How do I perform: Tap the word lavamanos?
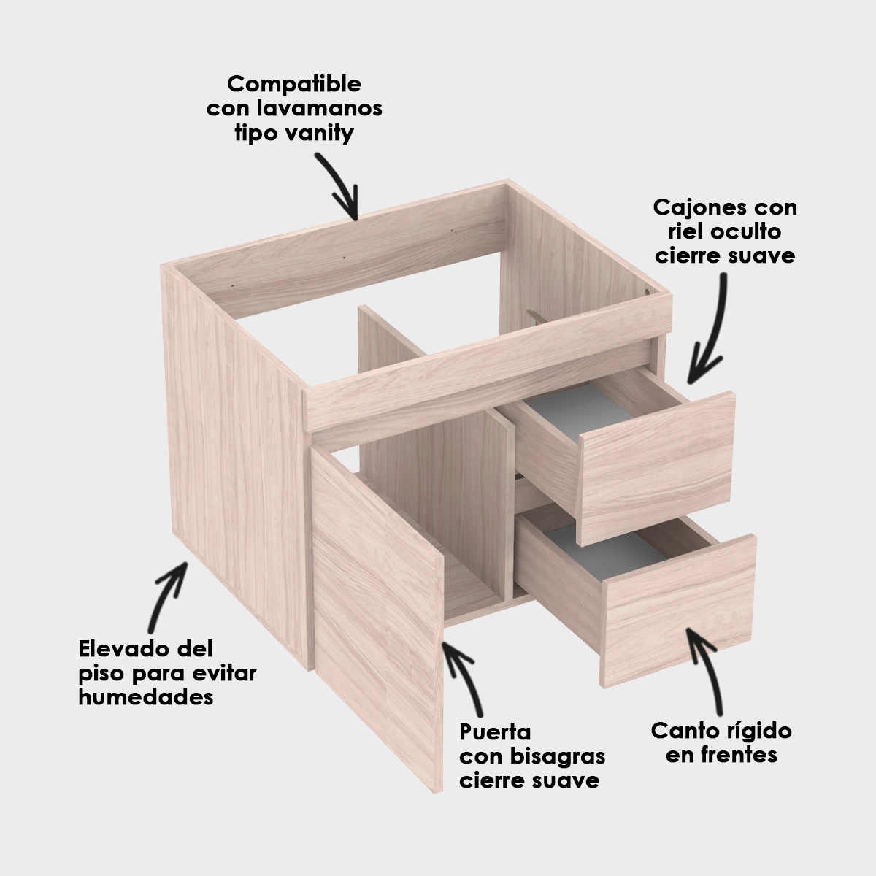[x=320, y=108]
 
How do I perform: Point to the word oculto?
[x=745, y=232]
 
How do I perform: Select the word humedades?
[x=146, y=697]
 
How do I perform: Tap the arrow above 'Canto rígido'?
[x=707, y=673]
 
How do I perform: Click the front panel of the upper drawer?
[x=657, y=468]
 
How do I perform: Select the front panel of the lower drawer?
[x=679, y=612]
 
